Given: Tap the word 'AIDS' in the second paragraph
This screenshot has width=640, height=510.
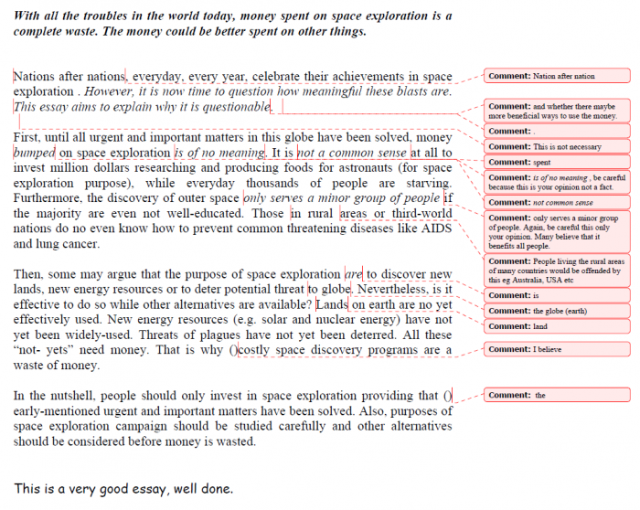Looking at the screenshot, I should click(432, 230).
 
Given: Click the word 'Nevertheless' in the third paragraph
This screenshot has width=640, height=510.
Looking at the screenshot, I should click(399, 290).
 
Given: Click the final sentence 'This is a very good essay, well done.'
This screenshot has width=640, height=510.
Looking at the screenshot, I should click(123, 489).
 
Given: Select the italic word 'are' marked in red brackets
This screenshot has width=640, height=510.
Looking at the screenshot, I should click(354, 274).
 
